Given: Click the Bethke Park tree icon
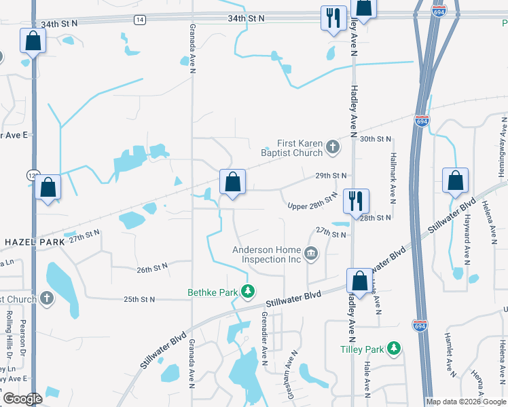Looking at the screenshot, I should [249, 292].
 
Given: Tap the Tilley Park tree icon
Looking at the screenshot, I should [393, 349].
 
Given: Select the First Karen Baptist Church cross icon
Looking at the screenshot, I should [332, 146].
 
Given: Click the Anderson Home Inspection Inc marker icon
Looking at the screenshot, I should [311, 254].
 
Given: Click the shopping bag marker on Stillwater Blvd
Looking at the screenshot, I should [359, 281].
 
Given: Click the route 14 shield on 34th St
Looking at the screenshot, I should [139, 20].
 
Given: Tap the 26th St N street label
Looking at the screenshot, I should [155, 269].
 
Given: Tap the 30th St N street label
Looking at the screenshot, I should [376, 139].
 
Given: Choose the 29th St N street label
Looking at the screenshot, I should [331, 175].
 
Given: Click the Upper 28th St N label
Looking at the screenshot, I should [312, 202].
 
